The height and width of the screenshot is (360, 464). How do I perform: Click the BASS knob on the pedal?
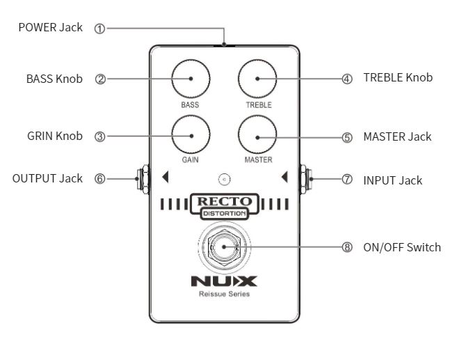[x=190, y=79]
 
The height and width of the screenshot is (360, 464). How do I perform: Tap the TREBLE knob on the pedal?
[x=257, y=79]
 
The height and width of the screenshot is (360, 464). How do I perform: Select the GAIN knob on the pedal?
[x=190, y=136]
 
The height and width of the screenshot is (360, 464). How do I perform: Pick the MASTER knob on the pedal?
[x=257, y=136]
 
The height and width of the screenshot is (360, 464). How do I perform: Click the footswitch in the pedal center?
[x=224, y=246]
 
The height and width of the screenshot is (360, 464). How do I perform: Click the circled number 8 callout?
[x=347, y=247]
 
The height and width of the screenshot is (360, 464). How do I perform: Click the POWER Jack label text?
[x=50, y=28]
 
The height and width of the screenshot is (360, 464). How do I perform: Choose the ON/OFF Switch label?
[x=401, y=247]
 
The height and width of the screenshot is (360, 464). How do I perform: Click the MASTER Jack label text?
[x=397, y=136]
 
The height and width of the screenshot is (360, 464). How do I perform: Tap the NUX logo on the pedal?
[x=224, y=281]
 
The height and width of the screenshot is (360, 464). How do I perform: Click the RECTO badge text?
[x=224, y=202]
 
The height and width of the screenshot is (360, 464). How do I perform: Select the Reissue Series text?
[x=224, y=294]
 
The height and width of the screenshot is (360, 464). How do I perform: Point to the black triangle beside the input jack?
[x=285, y=178]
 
